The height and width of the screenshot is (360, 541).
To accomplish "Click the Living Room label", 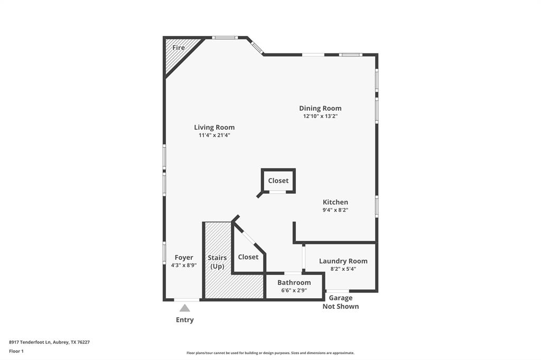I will point(214,127).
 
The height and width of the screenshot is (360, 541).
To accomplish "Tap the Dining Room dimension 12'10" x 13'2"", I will point(320,116).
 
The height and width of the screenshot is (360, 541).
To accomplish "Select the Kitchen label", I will point(335,202).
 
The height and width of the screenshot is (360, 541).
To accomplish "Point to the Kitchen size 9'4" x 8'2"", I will point(335,210).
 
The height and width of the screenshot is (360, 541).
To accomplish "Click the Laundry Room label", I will point(343,261).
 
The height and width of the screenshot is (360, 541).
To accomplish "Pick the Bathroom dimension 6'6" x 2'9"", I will point(294,290).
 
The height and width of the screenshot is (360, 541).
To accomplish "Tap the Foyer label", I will point(184,258).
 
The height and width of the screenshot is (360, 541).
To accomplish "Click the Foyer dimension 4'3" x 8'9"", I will point(184,266).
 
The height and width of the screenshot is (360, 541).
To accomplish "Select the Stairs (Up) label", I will point(217,262).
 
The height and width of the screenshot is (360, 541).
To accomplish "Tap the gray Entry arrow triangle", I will point(184,308).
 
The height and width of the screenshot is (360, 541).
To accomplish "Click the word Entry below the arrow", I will point(184,320).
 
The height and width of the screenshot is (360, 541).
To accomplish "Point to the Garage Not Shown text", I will point(340,302).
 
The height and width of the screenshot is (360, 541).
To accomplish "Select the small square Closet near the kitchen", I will point(278,181).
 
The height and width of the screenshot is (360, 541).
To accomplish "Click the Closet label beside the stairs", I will point(248,257).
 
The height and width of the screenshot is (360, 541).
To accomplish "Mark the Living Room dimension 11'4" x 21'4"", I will point(214,135).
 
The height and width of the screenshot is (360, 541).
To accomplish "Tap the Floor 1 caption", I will point(16,350).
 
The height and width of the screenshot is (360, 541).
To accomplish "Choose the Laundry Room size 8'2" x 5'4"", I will point(343,269).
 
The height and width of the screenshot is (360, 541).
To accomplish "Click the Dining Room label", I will point(320,108).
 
